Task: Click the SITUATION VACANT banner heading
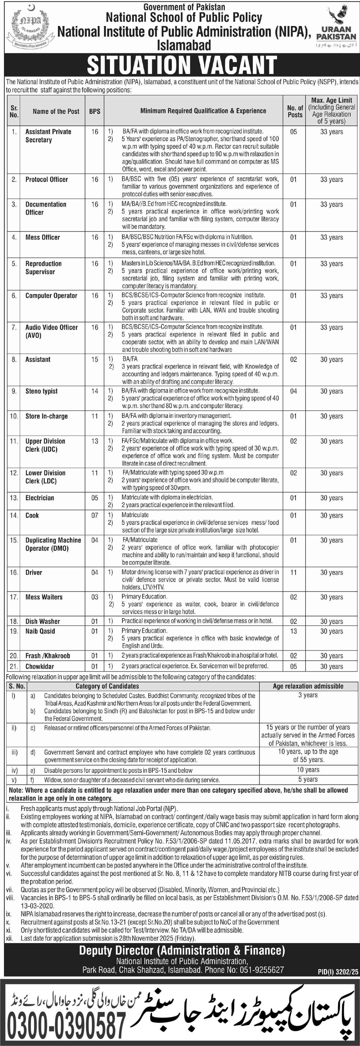click(x=182, y=65)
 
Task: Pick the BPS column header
click(x=95, y=111)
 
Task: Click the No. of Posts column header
click(x=295, y=111)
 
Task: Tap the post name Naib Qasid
click(x=40, y=631)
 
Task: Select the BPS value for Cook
click(x=95, y=515)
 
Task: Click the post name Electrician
click(x=40, y=498)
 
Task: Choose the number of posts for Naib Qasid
click(x=293, y=631)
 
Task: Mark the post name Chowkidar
click(x=40, y=666)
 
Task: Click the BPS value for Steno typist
click(x=95, y=391)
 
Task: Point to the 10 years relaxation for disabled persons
click(x=308, y=770)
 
